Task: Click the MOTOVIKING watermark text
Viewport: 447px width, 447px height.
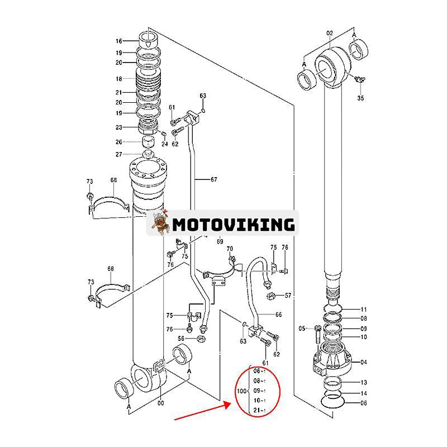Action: [x=233, y=224]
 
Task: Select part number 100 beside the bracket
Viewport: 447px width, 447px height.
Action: [x=241, y=391]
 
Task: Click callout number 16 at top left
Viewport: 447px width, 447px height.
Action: [x=119, y=41]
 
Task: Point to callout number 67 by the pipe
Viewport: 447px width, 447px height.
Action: [x=213, y=179]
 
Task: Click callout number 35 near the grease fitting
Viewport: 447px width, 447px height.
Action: [x=360, y=98]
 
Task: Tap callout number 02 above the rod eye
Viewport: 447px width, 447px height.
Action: [x=329, y=34]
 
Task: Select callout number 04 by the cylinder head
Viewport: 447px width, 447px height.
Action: [x=364, y=362]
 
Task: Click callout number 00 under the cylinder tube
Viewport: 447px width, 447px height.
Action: [x=161, y=403]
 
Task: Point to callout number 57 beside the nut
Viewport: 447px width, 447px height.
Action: [x=288, y=294]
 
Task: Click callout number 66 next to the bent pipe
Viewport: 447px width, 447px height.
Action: [x=279, y=315]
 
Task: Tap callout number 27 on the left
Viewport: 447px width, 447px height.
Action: [x=119, y=155]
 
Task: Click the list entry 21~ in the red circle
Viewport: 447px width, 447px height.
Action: [x=259, y=411]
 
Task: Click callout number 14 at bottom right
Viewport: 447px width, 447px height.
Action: [x=364, y=393]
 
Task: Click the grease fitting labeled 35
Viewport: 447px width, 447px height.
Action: [x=359, y=82]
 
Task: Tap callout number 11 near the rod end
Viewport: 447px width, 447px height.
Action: [x=364, y=310]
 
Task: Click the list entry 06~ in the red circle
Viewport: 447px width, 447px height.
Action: [x=259, y=370]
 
